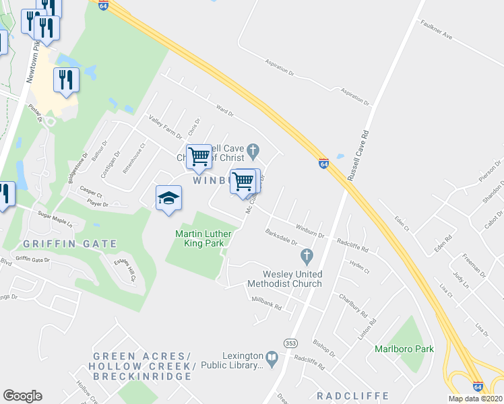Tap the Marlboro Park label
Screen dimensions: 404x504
[x=404, y=349]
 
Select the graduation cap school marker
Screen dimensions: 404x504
[x=168, y=198]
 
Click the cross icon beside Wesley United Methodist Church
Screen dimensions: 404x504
[x=307, y=257]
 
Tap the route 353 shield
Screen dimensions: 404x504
[x=291, y=343]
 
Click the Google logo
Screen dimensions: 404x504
[x=22, y=396]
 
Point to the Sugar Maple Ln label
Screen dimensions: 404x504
[x=54, y=217]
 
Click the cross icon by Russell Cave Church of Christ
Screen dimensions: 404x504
[x=253, y=149]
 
